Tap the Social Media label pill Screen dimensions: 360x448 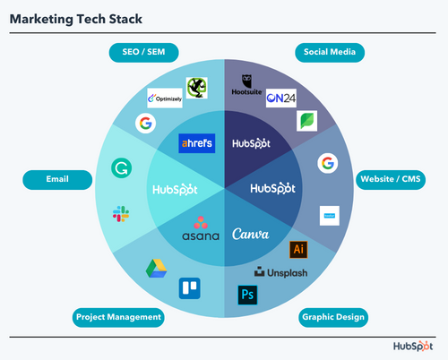click(329, 53)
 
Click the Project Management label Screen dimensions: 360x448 click(119, 316)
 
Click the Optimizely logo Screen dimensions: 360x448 click(165, 97)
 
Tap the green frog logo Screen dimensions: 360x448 click(196, 87)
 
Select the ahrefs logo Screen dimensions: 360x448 click(196, 142)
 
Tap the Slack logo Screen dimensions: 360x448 click(120, 213)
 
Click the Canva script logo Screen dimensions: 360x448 click(251, 234)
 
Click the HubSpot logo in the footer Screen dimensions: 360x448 click(414, 346)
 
